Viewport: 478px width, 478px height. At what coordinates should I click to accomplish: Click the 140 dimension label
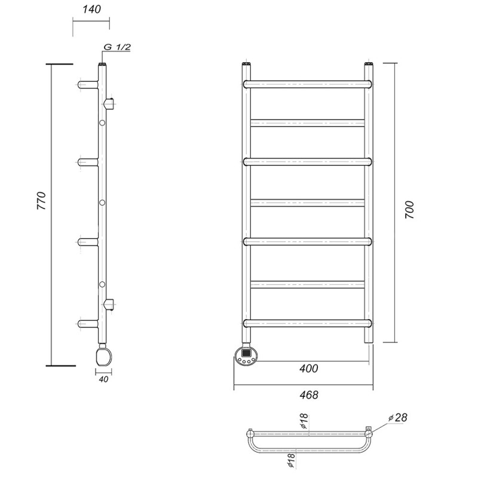click(91, 9)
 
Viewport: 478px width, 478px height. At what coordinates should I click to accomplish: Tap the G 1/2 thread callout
click(117, 47)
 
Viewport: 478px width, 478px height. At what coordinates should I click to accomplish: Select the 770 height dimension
click(41, 201)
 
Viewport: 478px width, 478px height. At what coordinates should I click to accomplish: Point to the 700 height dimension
click(409, 210)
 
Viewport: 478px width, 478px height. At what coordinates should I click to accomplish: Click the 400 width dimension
click(308, 369)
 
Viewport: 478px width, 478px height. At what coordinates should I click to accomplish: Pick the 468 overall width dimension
click(309, 395)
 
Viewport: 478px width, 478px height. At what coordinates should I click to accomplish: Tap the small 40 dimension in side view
click(103, 379)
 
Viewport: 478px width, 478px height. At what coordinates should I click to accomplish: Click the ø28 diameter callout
click(398, 418)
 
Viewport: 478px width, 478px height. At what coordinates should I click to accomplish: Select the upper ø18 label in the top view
click(304, 421)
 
